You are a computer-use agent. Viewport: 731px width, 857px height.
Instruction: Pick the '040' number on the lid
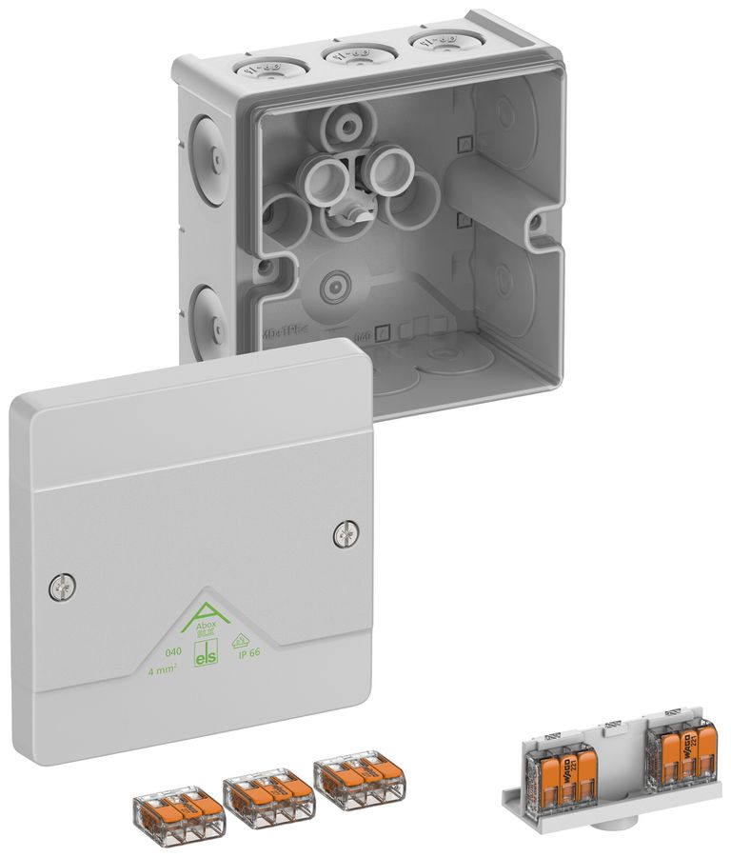click(173, 652)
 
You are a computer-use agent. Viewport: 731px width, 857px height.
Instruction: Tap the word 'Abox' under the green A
click(207, 626)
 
